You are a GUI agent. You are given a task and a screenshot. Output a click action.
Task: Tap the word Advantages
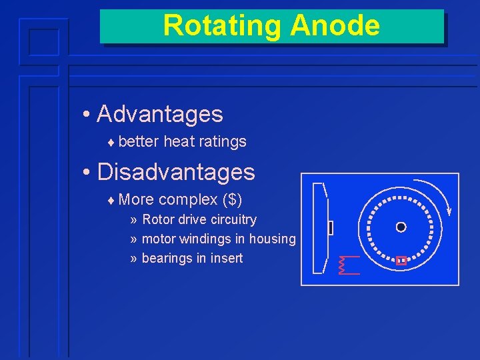pos(160,114)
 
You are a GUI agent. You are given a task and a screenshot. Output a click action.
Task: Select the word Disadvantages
pos(176,172)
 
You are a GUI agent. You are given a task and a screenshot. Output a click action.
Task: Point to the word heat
pos(179,141)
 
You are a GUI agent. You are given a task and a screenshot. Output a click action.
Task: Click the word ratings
pos(223,141)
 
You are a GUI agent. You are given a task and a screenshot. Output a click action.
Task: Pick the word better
pos(139,141)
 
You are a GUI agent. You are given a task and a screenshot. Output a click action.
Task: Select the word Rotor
pos(158,219)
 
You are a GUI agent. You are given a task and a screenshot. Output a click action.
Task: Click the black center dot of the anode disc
pos(401,227)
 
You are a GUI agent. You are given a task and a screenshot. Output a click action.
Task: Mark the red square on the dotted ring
pos(401,261)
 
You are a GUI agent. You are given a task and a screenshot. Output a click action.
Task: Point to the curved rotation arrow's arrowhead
pos(449,211)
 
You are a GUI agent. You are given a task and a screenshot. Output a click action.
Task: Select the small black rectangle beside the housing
pos(331,228)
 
